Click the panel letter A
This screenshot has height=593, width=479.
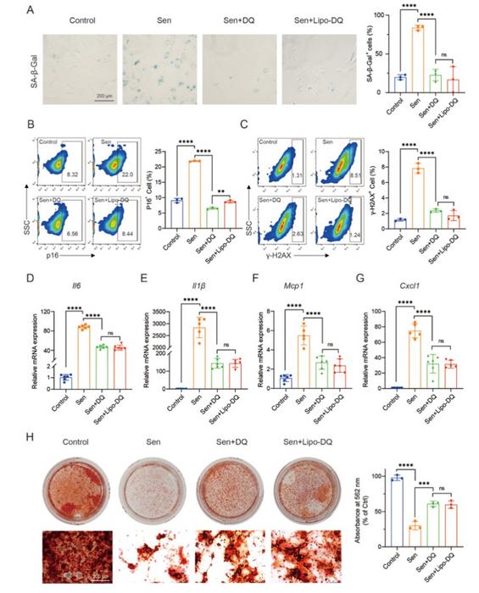pos(29,10)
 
